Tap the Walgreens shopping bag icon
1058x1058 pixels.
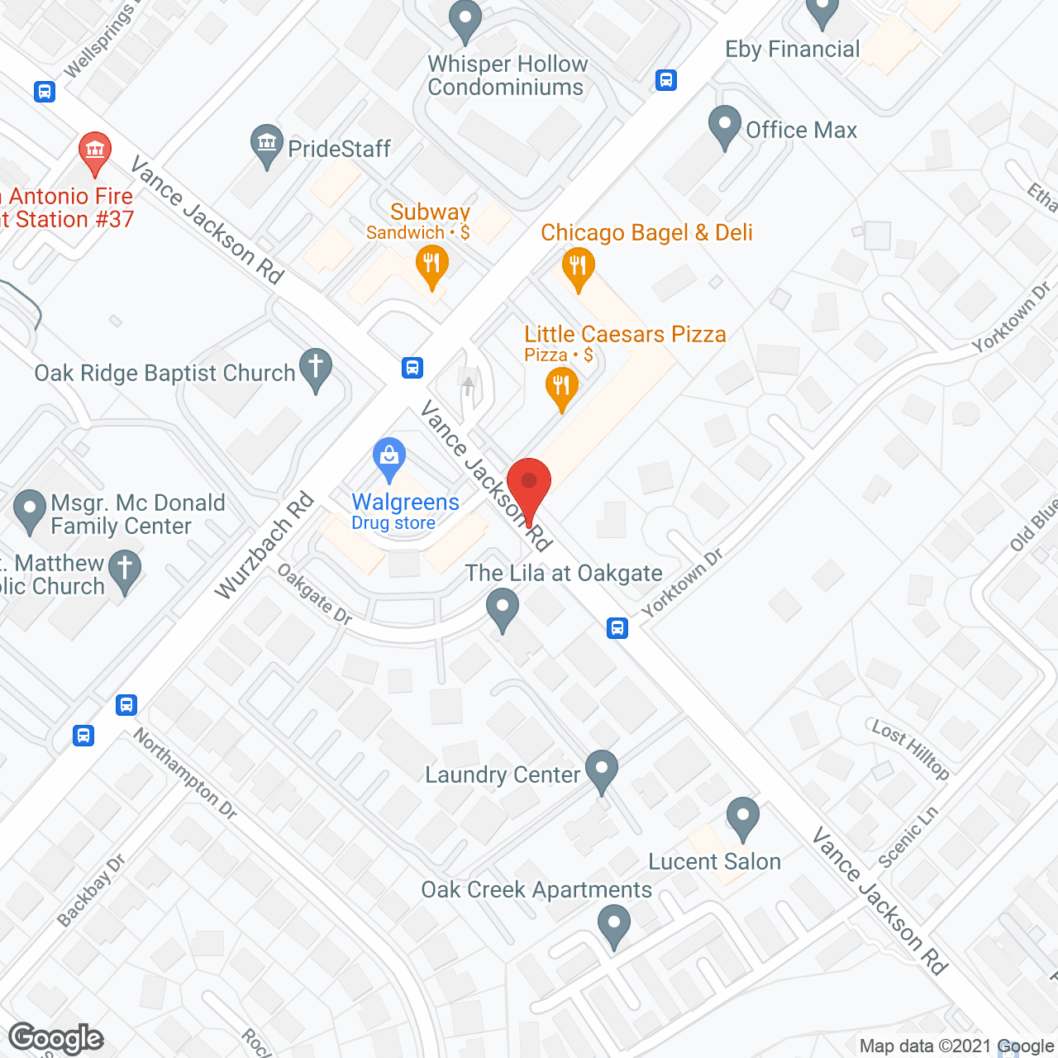coord(389,457)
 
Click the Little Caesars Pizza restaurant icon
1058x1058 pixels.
coord(561,386)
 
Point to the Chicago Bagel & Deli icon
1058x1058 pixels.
coord(578,268)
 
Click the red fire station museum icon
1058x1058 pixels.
coord(95,152)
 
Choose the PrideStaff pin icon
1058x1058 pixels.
coord(267,145)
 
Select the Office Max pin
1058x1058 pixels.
coord(725,126)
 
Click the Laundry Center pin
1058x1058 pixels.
coord(602,770)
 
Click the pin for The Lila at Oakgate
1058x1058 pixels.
coord(502,608)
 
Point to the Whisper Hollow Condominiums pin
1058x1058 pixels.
coord(465,20)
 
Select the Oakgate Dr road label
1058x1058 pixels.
coord(314,593)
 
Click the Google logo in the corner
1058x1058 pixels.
coord(55,1038)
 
